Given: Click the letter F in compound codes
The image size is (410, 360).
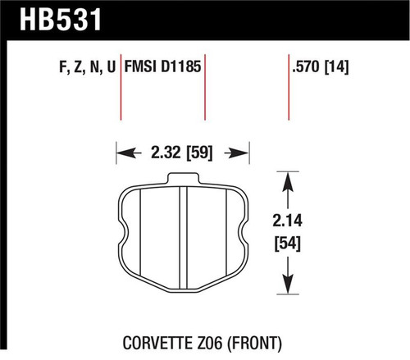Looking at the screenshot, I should [65, 66].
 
